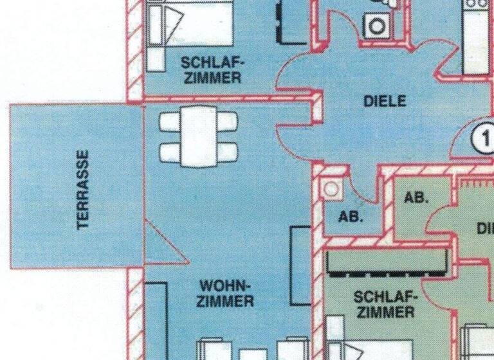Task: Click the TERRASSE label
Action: point(82,190)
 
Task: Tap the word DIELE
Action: point(385,101)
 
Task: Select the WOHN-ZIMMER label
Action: point(226,292)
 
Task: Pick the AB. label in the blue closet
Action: point(351,217)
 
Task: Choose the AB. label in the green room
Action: point(416,198)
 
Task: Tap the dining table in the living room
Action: point(199,136)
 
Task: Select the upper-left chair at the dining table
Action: point(170,121)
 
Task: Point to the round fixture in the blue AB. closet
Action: point(332,188)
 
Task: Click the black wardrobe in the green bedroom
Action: point(387,263)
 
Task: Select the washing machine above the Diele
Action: point(376,24)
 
